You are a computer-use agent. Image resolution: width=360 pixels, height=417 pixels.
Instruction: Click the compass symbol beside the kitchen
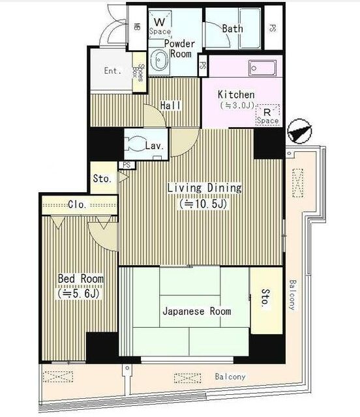(299, 131)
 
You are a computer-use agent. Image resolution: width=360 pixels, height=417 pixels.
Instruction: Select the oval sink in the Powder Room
(159, 61)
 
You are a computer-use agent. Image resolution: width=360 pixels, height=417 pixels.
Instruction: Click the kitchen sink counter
(262, 68)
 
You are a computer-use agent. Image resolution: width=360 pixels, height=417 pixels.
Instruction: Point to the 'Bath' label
(232, 29)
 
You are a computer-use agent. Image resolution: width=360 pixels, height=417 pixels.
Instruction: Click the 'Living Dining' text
(205, 188)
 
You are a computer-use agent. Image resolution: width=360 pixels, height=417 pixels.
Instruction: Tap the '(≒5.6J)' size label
(79, 294)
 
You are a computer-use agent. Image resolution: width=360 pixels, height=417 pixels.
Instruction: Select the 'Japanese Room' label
(197, 311)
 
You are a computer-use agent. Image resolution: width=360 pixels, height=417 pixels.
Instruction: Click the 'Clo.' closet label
(77, 204)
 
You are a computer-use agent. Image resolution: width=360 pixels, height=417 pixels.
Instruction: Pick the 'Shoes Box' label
(138, 72)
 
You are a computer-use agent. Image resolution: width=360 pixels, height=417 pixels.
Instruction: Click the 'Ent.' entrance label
(113, 71)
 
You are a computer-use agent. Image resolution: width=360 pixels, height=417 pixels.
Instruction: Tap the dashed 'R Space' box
(267, 115)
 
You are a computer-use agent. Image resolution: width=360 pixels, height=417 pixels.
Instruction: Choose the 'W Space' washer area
(160, 26)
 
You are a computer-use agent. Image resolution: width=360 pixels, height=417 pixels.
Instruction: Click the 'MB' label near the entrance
(137, 27)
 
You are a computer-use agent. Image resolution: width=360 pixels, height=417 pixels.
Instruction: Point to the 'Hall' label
(170, 106)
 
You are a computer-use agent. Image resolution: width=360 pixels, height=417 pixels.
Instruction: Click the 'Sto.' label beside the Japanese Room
(265, 298)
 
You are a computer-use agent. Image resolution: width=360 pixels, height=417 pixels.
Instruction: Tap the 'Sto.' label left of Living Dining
(102, 179)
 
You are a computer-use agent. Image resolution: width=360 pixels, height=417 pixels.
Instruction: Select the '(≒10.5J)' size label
(203, 204)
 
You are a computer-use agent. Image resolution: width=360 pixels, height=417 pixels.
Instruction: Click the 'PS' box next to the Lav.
(127, 165)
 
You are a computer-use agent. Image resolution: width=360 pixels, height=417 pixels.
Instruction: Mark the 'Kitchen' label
(236, 94)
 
